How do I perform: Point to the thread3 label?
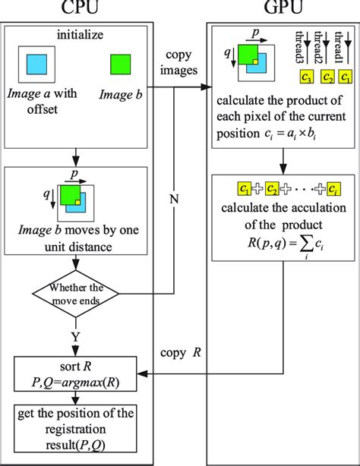pyautogui.click(x=302, y=47)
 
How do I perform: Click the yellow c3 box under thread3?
pyautogui.click(x=307, y=77)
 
